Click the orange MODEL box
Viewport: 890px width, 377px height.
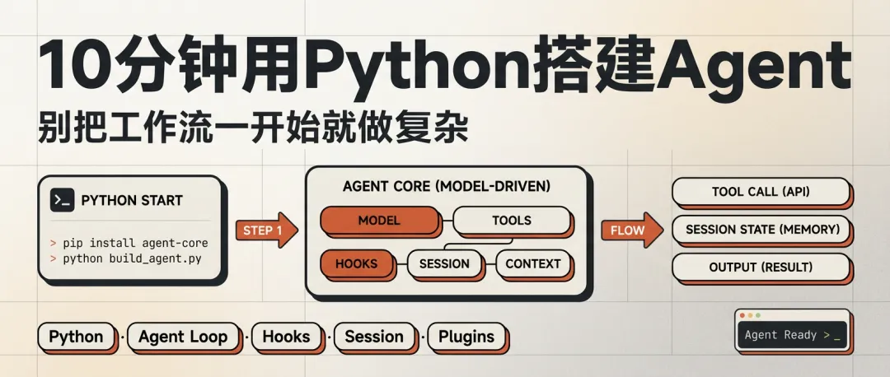click(x=379, y=221)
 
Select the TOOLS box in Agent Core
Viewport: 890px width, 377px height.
click(x=511, y=221)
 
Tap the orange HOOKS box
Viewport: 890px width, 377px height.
click(x=356, y=264)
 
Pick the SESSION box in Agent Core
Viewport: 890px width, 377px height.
click(x=444, y=264)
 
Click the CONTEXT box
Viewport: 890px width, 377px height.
click(x=533, y=264)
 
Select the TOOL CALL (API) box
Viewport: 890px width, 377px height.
click(x=761, y=192)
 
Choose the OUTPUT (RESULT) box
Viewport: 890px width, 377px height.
click(x=761, y=268)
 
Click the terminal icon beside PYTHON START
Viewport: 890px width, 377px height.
click(x=63, y=200)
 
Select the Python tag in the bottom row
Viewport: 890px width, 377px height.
click(x=76, y=337)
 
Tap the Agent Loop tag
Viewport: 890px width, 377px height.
click(x=183, y=337)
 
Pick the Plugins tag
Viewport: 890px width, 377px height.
click(x=466, y=337)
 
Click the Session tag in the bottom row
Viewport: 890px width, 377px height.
click(x=374, y=337)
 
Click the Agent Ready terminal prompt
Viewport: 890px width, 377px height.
click(x=792, y=335)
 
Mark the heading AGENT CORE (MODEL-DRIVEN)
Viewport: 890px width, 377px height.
click(x=446, y=187)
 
